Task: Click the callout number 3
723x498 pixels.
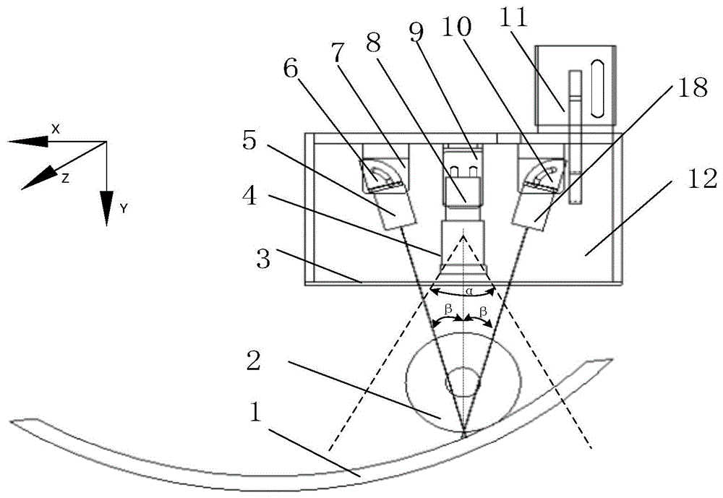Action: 263,259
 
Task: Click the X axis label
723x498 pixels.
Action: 56,129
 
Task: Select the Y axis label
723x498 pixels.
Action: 124,209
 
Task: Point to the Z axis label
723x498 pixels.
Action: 65,179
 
